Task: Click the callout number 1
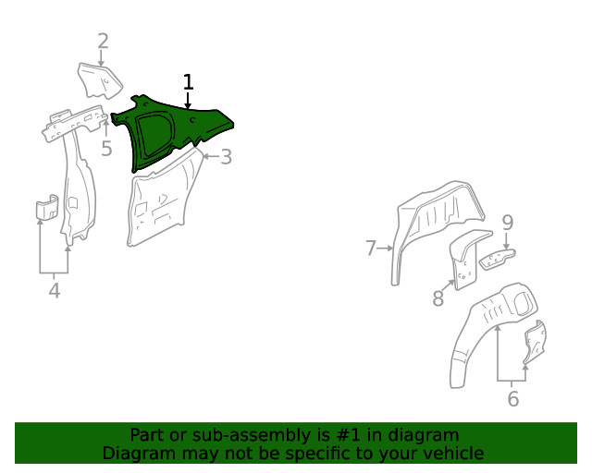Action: click(189, 82)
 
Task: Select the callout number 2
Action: click(103, 41)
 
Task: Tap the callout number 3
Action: click(226, 157)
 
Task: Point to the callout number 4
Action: click(54, 291)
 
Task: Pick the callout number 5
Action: click(106, 148)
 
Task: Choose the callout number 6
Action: click(512, 399)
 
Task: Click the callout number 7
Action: click(371, 248)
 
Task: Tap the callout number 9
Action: click(507, 222)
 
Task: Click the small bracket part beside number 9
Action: click(498, 258)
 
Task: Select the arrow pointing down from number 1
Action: click(189, 102)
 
